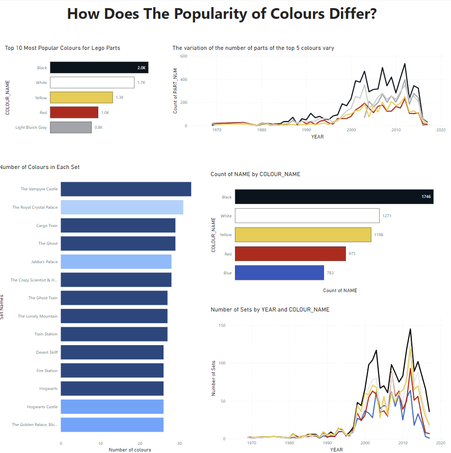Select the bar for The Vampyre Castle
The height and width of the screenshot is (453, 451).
(x=126, y=189)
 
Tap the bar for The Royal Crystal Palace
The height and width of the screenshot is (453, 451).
(x=122, y=207)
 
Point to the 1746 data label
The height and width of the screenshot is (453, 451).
(x=426, y=196)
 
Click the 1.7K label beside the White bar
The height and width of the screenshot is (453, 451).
(x=141, y=82)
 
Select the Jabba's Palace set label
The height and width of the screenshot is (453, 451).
(x=44, y=262)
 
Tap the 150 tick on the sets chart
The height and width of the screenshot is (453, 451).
(x=222, y=325)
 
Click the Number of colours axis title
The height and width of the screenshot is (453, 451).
(x=129, y=449)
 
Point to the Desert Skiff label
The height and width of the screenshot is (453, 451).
(x=47, y=352)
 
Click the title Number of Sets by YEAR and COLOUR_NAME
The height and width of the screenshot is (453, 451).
(x=270, y=309)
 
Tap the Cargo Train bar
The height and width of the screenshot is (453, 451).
(x=118, y=225)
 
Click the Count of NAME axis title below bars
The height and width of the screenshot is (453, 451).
(x=340, y=291)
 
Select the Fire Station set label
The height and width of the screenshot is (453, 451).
(x=47, y=371)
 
